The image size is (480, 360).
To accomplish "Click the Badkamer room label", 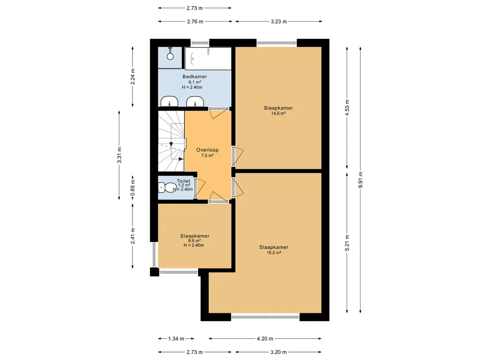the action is (x=195, y=76).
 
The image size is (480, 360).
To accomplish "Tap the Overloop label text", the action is (x=207, y=150).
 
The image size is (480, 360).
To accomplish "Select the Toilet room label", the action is (x=183, y=181).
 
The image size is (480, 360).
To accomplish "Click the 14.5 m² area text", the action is (x=278, y=113).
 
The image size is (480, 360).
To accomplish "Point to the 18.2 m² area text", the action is (x=274, y=253).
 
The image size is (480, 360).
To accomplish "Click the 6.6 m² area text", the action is (x=195, y=240).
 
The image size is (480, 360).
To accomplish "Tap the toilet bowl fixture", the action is (x=165, y=187).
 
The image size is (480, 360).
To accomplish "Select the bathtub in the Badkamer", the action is (x=208, y=59).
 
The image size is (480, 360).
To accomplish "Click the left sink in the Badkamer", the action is (x=169, y=101).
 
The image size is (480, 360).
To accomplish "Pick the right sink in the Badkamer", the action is (x=195, y=101).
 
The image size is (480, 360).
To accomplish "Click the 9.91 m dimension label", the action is (x=360, y=180).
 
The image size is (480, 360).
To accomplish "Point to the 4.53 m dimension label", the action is (x=347, y=108).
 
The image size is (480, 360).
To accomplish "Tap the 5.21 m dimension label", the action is (x=347, y=243).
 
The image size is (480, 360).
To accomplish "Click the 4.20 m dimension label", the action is (x=265, y=338).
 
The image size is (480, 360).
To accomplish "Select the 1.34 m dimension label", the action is (x=176, y=338).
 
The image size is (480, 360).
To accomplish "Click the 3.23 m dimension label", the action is (x=279, y=22).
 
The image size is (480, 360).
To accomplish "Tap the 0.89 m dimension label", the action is (x=133, y=187).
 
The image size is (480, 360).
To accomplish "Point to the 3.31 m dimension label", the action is (x=120, y=155).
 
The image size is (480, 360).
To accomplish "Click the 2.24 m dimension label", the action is (x=133, y=76).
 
